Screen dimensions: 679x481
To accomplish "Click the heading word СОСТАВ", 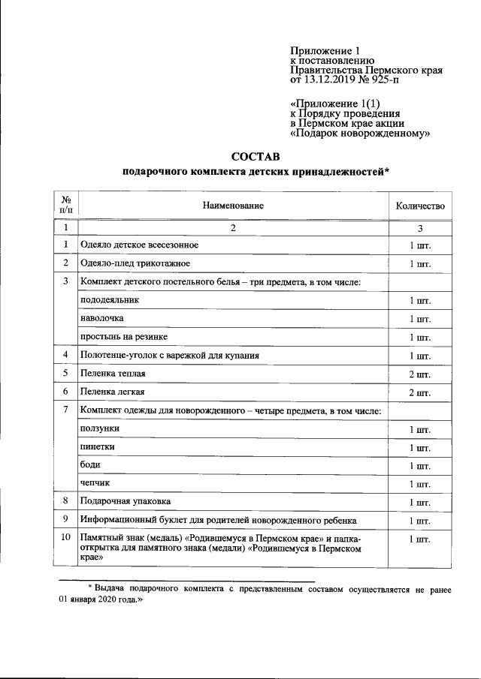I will (255, 157).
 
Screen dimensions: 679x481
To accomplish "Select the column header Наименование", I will (233, 205).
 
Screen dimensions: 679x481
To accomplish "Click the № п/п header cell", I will (65, 205).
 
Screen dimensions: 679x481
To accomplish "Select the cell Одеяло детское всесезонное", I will (140, 245).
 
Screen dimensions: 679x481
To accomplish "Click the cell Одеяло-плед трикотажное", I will (135, 263).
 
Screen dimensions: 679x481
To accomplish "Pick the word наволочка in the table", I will (102, 318).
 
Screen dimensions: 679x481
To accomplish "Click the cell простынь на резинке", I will (118, 337).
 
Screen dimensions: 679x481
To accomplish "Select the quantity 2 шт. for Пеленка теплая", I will (419, 374).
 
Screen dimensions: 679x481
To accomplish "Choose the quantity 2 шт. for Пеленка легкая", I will (419, 392).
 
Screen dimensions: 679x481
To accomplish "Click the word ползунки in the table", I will (99, 428).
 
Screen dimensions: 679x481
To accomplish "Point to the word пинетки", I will (98, 446).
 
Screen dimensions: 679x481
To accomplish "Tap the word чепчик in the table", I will (95, 482).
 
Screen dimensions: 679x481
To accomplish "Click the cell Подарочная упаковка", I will (126, 500).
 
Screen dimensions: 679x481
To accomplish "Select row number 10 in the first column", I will (65, 538).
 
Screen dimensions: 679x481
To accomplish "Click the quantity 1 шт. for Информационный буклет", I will (419, 520).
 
